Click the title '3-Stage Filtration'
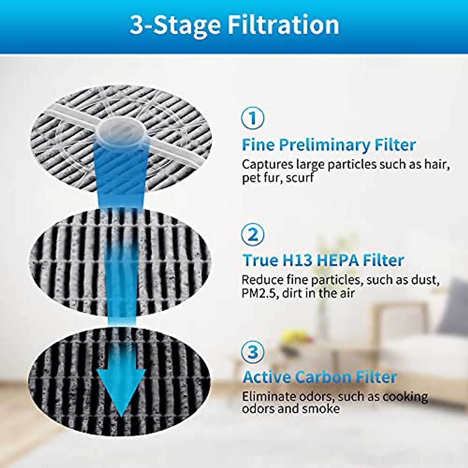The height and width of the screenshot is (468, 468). pos(234,25)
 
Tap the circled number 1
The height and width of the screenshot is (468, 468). pos(253,118)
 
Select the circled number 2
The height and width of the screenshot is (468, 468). pos(253,234)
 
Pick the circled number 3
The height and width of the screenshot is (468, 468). pos(253,352)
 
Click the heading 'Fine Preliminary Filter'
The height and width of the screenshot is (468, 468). pos(328,145)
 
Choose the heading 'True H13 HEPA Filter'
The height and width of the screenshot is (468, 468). pos(323,260)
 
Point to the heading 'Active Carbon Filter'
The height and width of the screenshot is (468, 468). pos(319,377)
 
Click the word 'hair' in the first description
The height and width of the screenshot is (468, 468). pos(437,164)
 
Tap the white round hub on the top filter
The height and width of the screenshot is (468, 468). pos(122,131)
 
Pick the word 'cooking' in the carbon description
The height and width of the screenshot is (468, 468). pos(405,396)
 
